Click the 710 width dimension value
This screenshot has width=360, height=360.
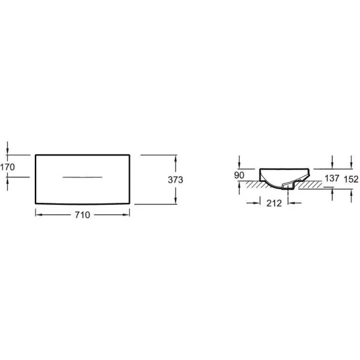82,215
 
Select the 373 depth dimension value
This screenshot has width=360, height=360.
176,180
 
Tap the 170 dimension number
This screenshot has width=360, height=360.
8,167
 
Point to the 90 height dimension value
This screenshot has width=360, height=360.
239,175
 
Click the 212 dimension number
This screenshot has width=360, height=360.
274,203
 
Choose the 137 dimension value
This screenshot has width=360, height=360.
331,178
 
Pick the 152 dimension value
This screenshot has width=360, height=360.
351,179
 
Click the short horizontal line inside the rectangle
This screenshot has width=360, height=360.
82,177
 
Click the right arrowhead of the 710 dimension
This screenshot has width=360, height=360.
127,215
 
